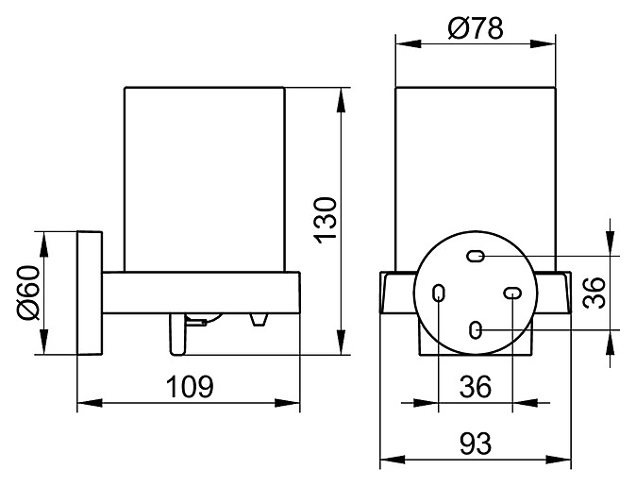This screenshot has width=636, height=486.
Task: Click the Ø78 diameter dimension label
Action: [476, 27]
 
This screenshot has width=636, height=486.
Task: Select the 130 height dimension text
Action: [326, 220]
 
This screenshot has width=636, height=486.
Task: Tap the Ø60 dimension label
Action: [29, 293]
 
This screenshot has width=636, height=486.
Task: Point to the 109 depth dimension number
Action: [190, 387]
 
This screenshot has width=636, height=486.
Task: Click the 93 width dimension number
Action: [476, 444]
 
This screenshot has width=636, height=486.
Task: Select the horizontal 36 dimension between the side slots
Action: [476, 387]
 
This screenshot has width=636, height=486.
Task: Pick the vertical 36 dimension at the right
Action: [594, 293]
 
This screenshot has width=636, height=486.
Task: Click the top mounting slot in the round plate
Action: [476, 257]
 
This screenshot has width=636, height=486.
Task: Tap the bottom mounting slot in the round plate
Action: [476, 330]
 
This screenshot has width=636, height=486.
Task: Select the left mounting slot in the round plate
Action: [439, 293]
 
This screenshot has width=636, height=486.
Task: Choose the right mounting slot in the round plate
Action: [512, 293]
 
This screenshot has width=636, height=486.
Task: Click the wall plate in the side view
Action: [90, 293]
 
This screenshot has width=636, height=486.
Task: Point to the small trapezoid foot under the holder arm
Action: [259, 320]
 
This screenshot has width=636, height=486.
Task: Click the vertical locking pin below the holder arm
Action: [178, 334]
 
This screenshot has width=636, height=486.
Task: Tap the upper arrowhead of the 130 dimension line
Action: [342, 99]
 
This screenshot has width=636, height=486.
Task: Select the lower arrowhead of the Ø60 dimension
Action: [43, 342]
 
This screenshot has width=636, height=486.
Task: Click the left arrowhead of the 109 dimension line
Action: [90, 403]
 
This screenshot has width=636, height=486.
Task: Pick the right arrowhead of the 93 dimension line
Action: [558, 460]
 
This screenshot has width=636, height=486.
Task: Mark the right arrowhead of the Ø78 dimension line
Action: [543, 43]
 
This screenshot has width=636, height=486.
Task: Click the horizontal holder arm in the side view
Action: [201, 293]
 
